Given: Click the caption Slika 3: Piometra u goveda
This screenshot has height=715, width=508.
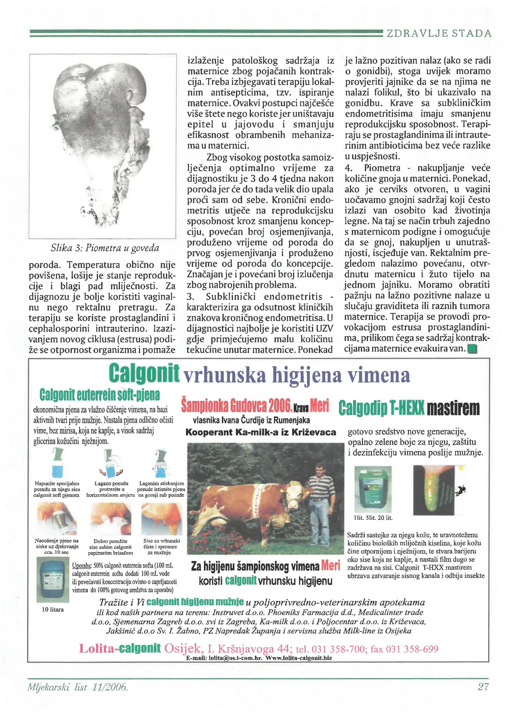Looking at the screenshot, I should (105, 248).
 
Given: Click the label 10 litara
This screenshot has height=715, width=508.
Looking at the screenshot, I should (53, 609).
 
